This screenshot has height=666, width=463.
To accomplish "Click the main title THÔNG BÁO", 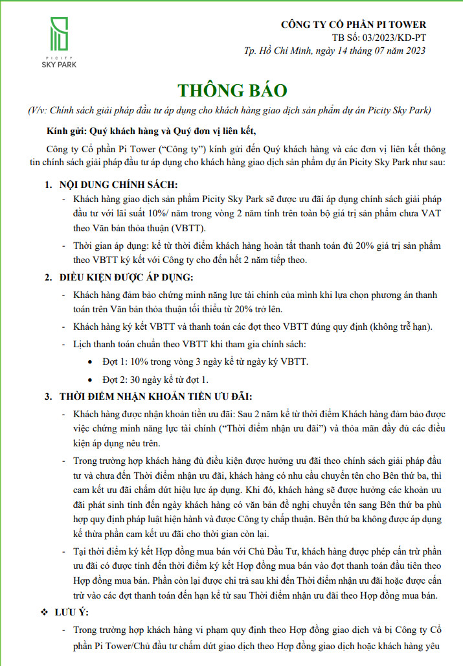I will (x=232, y=89).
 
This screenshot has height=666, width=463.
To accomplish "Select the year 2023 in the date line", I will (x=413, y=51).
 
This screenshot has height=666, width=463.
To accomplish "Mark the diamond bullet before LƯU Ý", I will (x=45, y=612).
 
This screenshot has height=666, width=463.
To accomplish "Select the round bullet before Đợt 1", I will (x=89, y=361).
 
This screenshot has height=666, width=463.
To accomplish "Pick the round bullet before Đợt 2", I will (x=89, y=379).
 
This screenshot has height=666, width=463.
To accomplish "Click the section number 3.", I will (x=48, y=396).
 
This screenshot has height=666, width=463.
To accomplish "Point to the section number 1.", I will (x=48, y=185).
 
